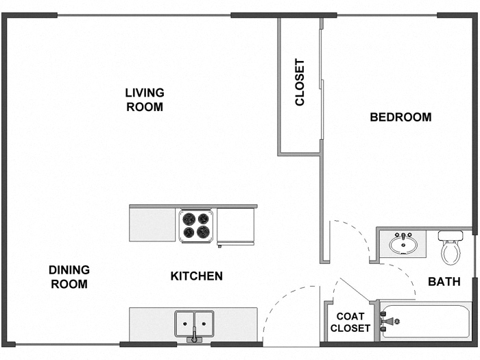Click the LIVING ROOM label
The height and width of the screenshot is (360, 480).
pyautogui.click(x=144, y=99)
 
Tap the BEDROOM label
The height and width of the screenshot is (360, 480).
pyautogui.click(x=400, y=117)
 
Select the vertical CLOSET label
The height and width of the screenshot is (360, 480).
pyautogui.click(x=300, y=82)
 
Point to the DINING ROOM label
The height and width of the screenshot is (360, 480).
pyautogui.click(x=69, y=277)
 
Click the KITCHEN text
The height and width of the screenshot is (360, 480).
pyautogui.click(x=196, y=276)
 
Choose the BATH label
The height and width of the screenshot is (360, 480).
pyautogui.click(x=444, y=281)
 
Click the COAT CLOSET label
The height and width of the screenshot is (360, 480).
pyautogui.click(x=350, y=322)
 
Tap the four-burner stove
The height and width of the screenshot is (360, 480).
pyautogui.click(x=196, y=225)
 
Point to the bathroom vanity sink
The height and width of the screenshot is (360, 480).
pyautogui.click(x=401, y=243)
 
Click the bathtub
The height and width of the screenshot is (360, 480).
pyautogui.click(x=425, y=321)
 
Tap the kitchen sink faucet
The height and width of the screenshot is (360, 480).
pyautogui.click(x=194, y=336)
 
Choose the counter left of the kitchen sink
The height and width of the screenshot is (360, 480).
pyautogui.click(x=151, y=322)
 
